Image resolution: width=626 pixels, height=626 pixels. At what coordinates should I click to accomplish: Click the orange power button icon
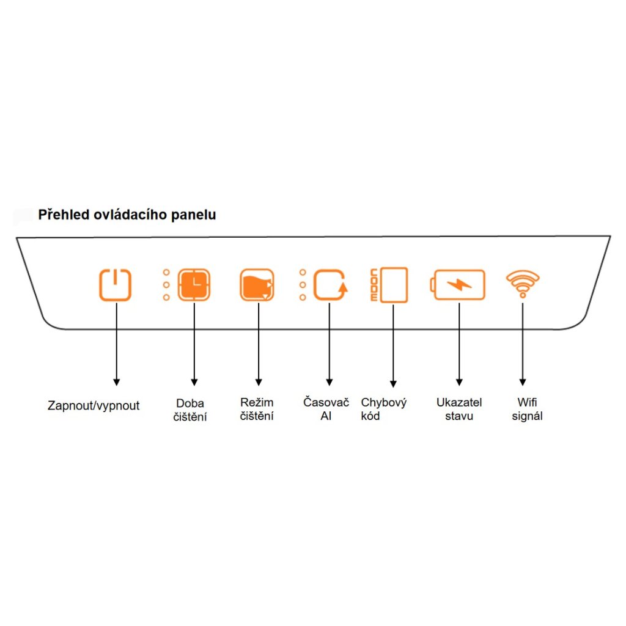click(x=116, y=285)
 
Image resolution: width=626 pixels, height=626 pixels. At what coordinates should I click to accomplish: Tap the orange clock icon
click(x=194, y=285)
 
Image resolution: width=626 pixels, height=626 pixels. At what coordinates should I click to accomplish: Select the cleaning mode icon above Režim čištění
click(x=257, y=285)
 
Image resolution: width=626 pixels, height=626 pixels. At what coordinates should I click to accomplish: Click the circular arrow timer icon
click(x=330, y=285)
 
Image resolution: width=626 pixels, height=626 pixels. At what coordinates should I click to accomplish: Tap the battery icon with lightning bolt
click(x=458, y=285)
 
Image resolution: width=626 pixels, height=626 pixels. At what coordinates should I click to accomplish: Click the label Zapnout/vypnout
click(x=94, y=406)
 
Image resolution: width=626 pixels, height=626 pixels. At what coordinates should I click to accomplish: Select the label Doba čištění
click(x=190, y=410)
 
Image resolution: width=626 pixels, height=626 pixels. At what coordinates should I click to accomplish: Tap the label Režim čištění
click(x=257, y=410)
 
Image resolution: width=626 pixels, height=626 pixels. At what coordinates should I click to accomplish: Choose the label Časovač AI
click(x=326, y=410)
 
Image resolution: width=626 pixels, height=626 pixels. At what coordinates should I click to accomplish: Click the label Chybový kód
click(x=383, y=410)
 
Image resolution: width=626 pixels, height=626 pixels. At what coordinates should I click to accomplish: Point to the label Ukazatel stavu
click(x=459, y=410)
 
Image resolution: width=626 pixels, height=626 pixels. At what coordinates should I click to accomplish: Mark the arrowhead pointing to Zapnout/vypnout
click(x=116, y=381)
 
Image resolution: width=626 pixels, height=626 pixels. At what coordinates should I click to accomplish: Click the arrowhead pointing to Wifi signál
click(x=523, y=381)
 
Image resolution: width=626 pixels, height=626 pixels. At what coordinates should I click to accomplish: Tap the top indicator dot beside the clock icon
click(x=166, y=272)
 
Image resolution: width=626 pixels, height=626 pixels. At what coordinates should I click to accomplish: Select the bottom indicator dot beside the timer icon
click(x=303, y=298)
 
